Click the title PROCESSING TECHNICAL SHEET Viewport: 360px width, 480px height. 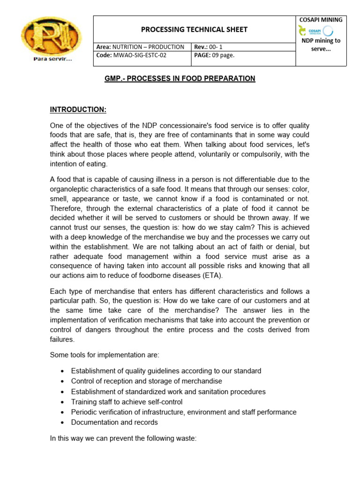194,30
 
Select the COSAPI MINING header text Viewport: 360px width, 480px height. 321,20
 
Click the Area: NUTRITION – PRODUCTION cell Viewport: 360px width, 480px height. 140,47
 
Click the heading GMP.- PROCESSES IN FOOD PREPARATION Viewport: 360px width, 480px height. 180,79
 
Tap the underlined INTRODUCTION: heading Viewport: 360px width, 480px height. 78,110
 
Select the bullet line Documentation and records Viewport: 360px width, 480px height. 114,422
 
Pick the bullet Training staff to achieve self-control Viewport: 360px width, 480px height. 127,402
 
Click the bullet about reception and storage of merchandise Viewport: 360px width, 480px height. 146,381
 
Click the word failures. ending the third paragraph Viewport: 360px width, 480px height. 62,339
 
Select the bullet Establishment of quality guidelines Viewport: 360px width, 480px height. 166,371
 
